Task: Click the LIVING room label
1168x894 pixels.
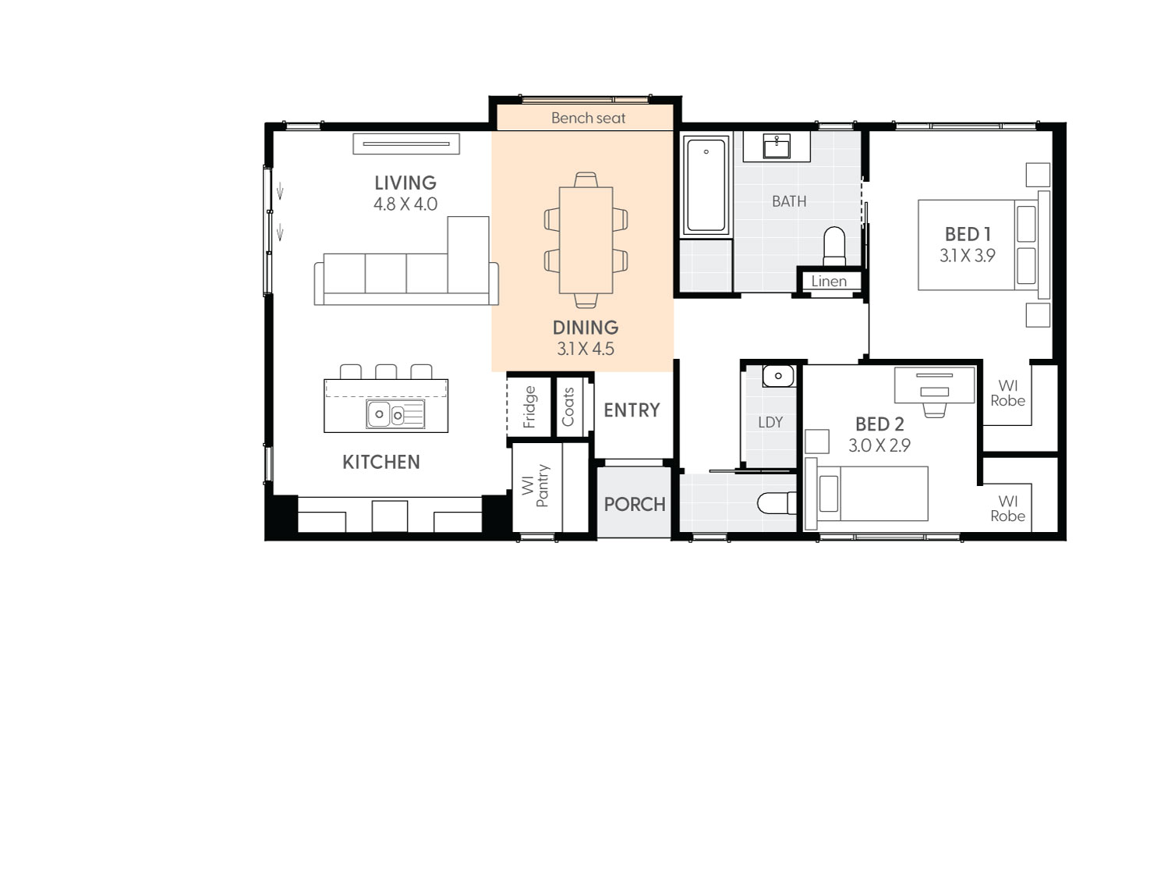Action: [x=405, y=183]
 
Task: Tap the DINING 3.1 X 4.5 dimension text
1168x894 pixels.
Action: [x=585, y=349]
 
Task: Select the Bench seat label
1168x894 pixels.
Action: [x=588, y=118]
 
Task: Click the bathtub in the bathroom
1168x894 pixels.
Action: [x=706, y=186]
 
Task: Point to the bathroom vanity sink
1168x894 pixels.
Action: [x=776, y=146]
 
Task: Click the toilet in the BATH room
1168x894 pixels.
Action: [x=834, y=245]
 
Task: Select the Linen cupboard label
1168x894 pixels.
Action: [x=828, y=282]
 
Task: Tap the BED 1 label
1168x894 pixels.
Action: [x=967, y=234]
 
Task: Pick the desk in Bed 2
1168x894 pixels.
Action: [x=934, y=385]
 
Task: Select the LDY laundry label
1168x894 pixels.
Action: [x=770, y=422]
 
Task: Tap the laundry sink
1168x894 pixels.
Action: [x=777, y=376]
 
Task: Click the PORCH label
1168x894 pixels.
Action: [x=634, y=504]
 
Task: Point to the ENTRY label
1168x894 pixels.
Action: [x=632, y=410]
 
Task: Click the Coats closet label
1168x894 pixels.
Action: [x=568, y=406]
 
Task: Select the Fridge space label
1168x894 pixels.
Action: [x=529, y=406]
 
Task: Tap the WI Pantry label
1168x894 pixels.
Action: [x=536, y=486]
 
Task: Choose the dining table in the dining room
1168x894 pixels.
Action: [x=586, y=239]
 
